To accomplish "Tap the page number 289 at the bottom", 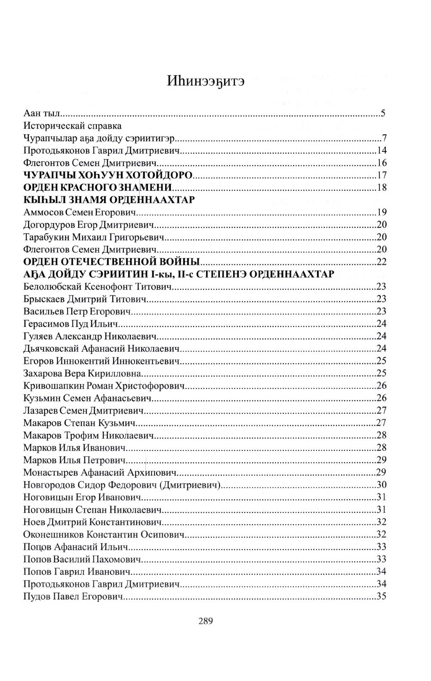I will coord(205,621).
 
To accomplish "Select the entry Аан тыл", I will coord(43,114).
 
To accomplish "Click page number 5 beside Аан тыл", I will coord(382,114).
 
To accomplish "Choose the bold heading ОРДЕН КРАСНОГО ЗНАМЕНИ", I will coord(98,188).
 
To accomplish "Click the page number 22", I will coord(381,262).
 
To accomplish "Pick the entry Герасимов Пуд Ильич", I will coord(74,324).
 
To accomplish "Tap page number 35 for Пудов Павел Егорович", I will coord(381,596).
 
